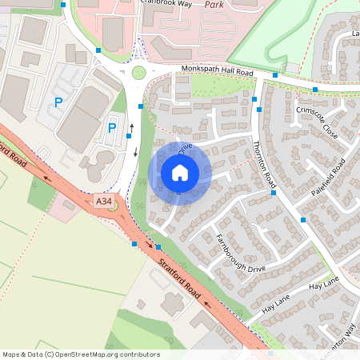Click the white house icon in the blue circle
180,172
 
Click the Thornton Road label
263,163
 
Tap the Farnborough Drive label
241,253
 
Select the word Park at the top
214,4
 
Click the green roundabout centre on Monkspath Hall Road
139,73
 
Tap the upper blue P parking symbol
58,102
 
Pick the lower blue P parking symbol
112,128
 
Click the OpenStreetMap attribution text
81,354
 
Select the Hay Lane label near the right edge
324,285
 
